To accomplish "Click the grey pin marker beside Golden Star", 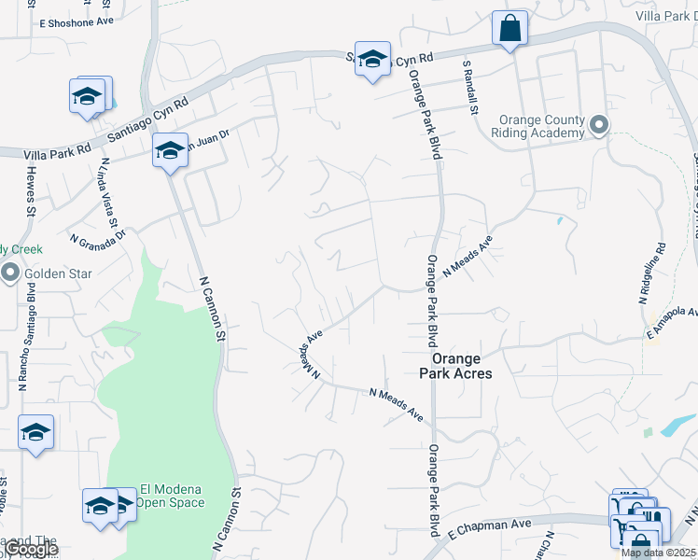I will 10,273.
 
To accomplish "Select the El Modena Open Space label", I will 171,495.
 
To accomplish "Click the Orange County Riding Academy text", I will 542,126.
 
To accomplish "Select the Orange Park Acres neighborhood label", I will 455,365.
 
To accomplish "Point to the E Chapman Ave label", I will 477,530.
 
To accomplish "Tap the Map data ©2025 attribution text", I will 659,553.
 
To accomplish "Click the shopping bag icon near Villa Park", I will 510,28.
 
